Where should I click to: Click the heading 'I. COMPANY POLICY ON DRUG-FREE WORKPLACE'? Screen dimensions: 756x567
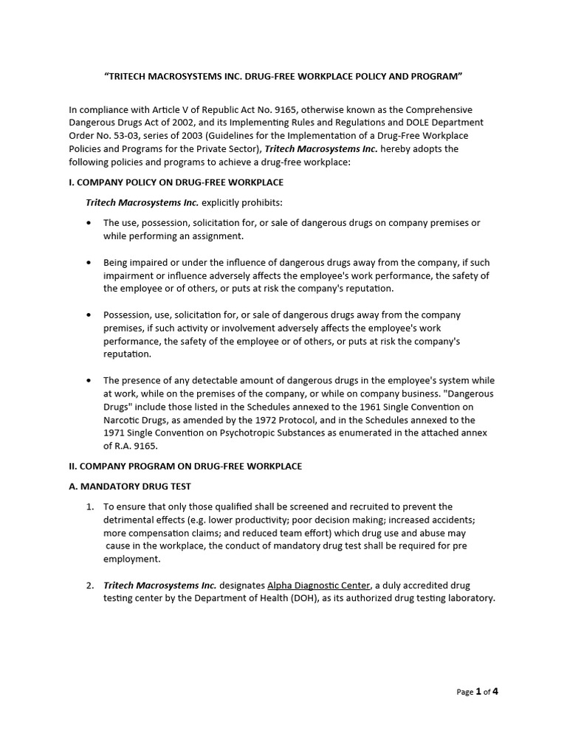(x=176, y=182)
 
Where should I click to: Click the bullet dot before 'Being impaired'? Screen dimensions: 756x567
(x=90, y=263)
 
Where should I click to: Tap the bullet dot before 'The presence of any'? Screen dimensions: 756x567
(x=90, y=381)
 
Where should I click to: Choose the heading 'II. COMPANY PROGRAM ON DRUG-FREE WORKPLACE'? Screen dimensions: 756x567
(x=185, y=467)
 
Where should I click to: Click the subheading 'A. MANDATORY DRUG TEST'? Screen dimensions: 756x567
(x=130, y=487)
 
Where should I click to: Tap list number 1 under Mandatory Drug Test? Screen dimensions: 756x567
(x=89, y=506)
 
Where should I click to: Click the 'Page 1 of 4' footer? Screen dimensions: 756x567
(x=478, y=692)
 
